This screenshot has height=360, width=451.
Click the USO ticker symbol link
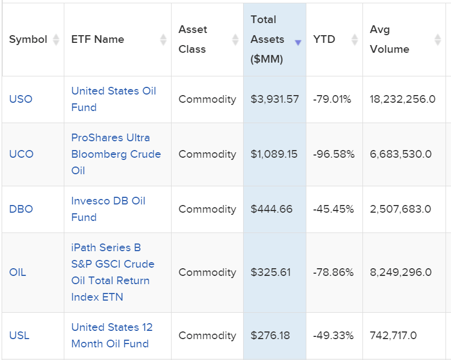[21, 99]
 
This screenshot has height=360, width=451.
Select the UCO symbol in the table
[21, 154]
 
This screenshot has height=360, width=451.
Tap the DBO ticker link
[21, 209]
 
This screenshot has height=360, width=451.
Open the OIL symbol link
[18, 272]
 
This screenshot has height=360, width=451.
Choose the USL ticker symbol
[20, 335]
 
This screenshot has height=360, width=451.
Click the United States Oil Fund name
[113, 99]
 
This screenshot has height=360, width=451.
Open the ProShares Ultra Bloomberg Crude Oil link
[116, 154]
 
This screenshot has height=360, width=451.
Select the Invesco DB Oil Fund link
[108, 209]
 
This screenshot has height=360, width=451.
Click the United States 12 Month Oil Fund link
[112, 335]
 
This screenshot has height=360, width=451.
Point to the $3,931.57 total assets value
[274, 99]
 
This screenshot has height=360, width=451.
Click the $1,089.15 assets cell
[274, 154]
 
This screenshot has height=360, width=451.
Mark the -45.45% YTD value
[333, 209]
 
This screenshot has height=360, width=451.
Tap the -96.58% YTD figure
[333, 154]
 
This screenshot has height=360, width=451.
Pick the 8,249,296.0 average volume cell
[400, 272]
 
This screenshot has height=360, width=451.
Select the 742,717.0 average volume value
[394, 335]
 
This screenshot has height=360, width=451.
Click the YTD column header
[324, 40]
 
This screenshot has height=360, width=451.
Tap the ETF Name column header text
[97, 40]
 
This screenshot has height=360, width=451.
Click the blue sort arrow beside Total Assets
[298, 42]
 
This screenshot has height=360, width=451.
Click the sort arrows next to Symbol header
[56, 40]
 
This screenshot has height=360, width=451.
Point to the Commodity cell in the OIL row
[207, 272]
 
